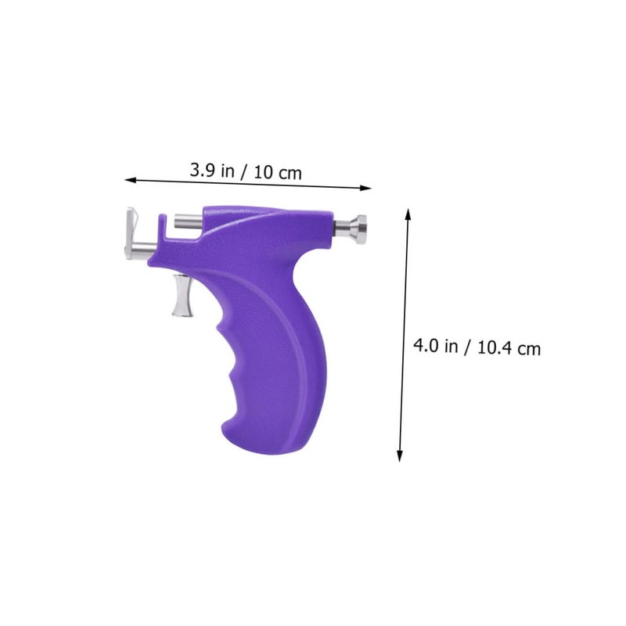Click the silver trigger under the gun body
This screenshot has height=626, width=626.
183,296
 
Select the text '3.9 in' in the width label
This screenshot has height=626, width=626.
212,171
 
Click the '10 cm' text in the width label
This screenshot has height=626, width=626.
278,173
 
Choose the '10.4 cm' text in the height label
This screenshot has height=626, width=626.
509,347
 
